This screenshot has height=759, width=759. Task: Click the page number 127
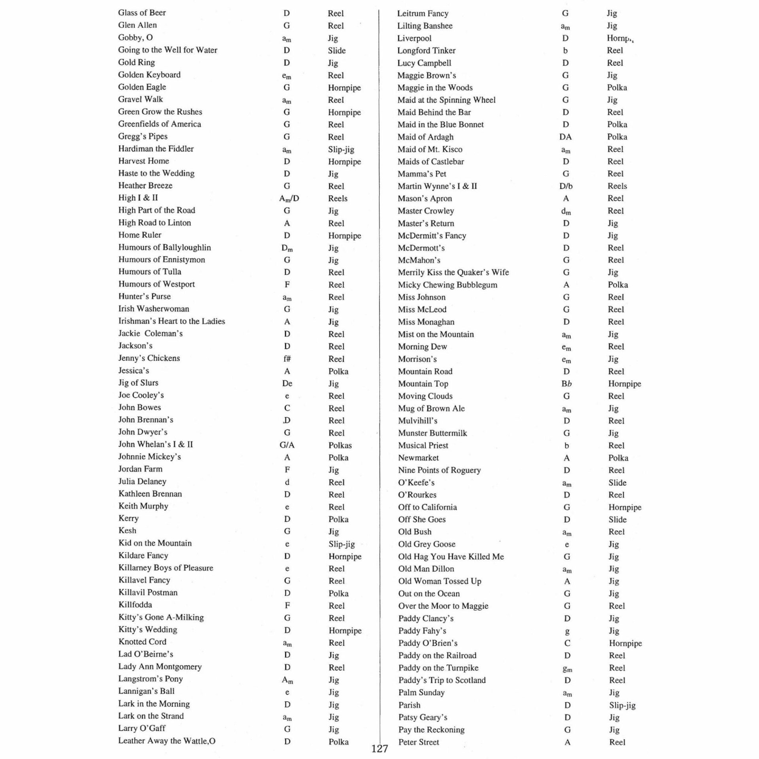point(379,748)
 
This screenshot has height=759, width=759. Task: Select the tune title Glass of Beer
point(142,13)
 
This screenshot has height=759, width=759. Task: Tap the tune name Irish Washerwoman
point(154,309)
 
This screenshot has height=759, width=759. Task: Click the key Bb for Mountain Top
point(566,383)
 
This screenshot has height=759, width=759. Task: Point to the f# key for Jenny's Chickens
point(287,359)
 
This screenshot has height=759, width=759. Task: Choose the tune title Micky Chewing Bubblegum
point(447,285)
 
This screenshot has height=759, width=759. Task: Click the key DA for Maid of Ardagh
point(565,137)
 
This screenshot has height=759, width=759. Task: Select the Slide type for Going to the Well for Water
point(336,51)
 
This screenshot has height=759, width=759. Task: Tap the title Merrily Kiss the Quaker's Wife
point(453,272)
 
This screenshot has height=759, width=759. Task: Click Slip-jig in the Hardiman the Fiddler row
point(341,149)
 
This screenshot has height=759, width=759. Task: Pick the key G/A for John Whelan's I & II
point(287,445)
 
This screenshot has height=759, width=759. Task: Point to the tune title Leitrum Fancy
point(423,13)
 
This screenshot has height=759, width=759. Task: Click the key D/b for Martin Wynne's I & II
point(566,186)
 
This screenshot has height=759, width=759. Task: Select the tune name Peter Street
point(419,742)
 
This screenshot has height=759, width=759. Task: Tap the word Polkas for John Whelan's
point(340,445)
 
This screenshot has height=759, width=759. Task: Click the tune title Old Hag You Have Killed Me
point(451,557)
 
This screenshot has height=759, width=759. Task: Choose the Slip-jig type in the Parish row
point(622,705)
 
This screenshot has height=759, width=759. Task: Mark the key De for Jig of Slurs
point(287,383)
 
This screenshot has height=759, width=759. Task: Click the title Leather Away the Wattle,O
point(167,741)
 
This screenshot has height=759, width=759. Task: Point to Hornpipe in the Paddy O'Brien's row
point(625,643)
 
